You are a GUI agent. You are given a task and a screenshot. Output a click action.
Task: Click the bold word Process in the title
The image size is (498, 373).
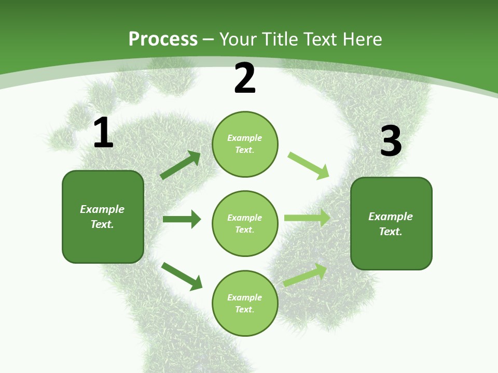163,39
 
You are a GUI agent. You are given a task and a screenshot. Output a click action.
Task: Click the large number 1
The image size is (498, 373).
103,133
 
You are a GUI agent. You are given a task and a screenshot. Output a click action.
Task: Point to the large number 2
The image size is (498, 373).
245,79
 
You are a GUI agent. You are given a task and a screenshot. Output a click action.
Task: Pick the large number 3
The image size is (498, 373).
391,141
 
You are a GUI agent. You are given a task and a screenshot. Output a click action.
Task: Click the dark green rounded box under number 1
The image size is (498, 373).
103,217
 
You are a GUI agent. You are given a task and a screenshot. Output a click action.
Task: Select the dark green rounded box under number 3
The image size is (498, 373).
391,224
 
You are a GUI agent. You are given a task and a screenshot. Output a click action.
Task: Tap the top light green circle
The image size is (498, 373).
245,144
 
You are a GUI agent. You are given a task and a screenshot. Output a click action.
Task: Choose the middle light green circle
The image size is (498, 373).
245,223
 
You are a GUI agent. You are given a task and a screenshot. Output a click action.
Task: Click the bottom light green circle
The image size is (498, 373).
245,303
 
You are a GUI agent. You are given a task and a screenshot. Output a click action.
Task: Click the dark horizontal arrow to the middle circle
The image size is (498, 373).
182,219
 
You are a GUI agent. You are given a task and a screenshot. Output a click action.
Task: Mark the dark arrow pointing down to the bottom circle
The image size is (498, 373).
182,276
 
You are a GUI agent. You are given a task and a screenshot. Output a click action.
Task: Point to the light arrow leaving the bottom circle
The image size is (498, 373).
305,275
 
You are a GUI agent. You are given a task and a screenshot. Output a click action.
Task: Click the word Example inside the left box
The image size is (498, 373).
102,209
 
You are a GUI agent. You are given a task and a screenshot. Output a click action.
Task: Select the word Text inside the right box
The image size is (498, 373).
390,232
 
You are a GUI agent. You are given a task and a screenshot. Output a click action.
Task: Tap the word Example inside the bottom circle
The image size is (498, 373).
245,297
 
